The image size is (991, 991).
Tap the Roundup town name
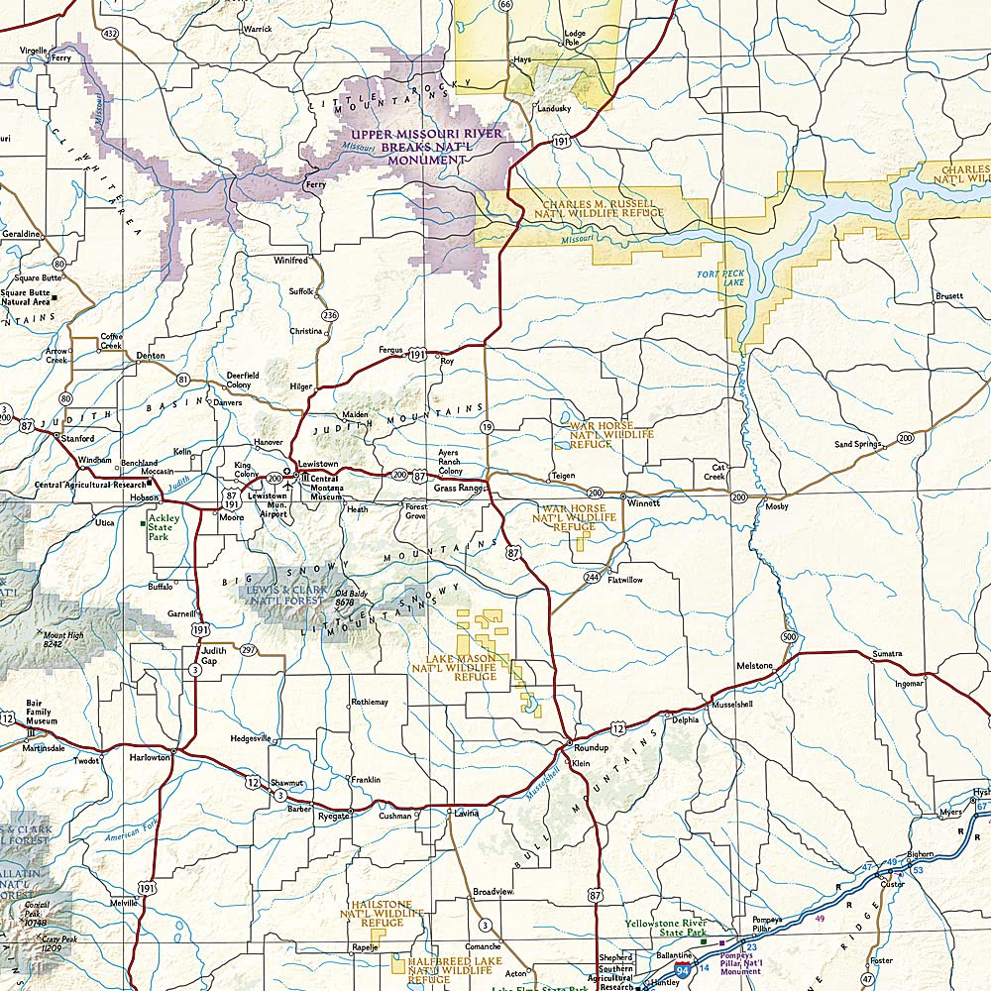point(591,747)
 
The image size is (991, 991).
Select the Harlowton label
point(150,757)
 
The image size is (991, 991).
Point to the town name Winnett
point(643,502)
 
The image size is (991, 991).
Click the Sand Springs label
point(857,445)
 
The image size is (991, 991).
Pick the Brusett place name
point(948,296)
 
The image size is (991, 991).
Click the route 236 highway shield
point(329,315)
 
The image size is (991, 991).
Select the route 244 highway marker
point(592,577)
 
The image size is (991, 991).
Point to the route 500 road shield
point(788,635)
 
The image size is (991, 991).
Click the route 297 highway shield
point(248,650)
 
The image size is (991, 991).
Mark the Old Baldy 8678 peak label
point(345,598)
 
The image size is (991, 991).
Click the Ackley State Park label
point(164,527)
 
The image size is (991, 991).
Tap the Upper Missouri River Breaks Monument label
point(425,146)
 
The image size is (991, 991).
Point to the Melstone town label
point(754,666)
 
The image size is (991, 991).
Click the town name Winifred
point(291,261)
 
